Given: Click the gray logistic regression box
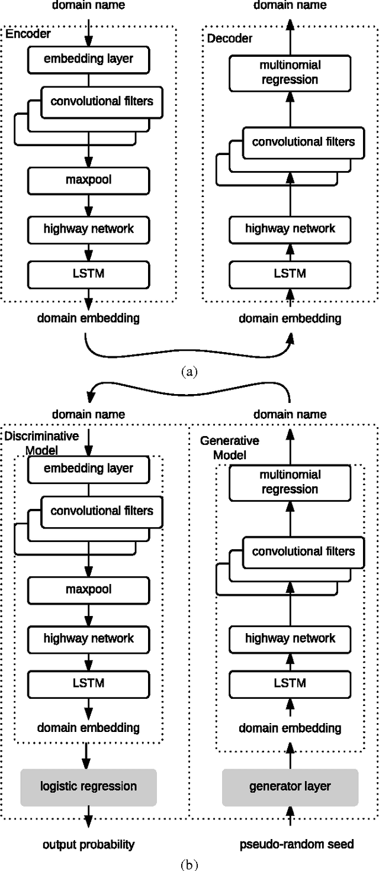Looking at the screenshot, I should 88,787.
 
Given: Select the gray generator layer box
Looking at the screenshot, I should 290,787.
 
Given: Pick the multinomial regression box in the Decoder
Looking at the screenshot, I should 290,73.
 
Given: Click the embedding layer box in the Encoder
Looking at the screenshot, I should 88,59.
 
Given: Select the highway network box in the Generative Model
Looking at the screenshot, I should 290,638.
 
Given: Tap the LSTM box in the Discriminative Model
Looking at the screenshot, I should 88,682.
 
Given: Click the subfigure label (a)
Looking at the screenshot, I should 189,371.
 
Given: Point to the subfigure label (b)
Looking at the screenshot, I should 189,863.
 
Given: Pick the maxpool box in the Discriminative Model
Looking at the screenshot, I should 88,590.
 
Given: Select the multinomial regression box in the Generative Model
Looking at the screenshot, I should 290,482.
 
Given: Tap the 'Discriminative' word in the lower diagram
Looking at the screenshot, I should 41,436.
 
